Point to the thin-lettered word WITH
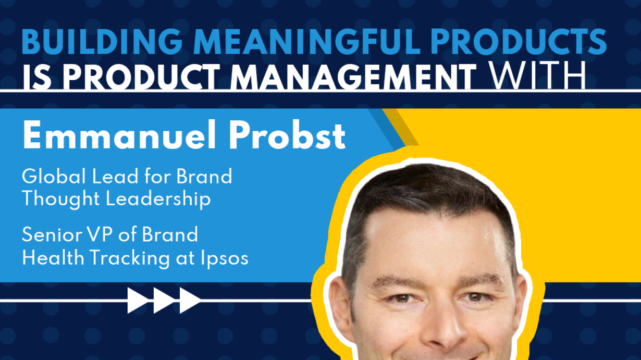coord(537,76)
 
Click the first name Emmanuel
coord(119,135)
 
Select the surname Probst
coord(287,135)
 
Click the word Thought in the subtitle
coord(60,199)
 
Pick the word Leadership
coord(158,199)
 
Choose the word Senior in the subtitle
coord(52,234)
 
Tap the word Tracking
coord(130,258)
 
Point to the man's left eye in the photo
coord(475,297)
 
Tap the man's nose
coord(442,329)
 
